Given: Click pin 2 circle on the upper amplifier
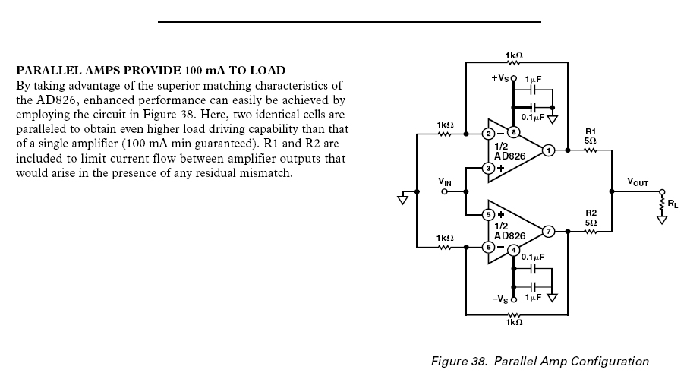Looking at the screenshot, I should tap(488, 134).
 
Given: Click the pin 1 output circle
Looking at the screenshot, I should tap(548, 150).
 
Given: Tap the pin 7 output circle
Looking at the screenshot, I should tap(548, 229).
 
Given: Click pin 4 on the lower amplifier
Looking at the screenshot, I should tap(513, 250).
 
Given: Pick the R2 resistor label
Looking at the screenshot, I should tap(591, 212).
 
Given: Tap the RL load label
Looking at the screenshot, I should tap(672, 204).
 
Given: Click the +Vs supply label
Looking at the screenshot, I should tap(501, 77).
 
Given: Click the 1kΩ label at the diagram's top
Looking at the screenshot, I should tap(513, 56).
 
